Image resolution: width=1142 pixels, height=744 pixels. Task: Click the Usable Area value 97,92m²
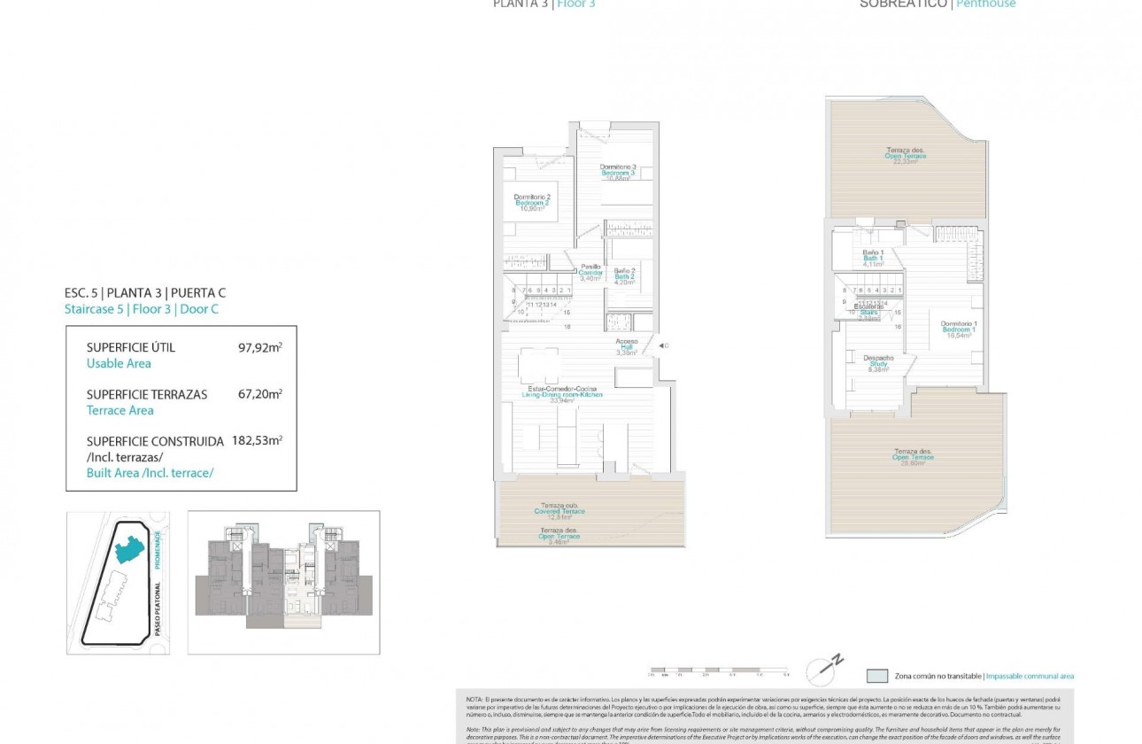(259, 348)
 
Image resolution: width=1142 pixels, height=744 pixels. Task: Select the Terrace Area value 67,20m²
(259, 395)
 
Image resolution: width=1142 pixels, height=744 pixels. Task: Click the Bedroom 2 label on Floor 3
(533, 203)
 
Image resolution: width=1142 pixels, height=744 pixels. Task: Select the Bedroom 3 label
(618, 172)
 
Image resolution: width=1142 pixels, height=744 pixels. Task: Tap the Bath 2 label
(625, 276)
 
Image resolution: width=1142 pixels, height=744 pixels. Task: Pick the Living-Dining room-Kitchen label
(562, 394)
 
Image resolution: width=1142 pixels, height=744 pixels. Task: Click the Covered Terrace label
(559, 510)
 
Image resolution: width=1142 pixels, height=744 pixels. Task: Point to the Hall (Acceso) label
(627, 346)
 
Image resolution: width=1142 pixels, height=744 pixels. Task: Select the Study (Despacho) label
(878, 363)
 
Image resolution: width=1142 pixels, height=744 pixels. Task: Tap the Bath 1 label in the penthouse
(873, 258)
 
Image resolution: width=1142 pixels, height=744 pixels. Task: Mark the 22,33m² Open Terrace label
(906, 155)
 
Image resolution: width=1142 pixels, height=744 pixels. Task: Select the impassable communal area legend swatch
(876, 675)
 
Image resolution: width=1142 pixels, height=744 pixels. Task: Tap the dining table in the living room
(539, 365)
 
